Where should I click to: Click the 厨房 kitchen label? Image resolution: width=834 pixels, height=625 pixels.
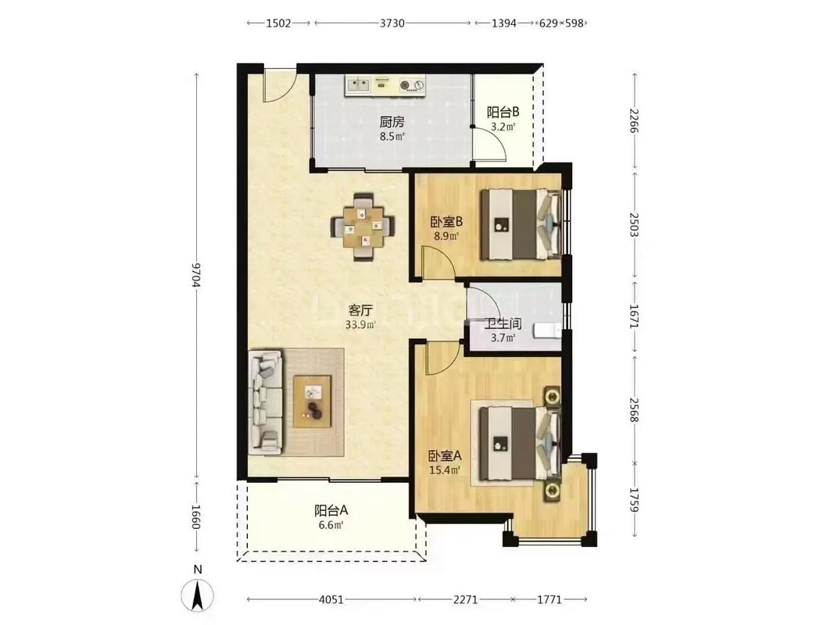[x=392, y=122]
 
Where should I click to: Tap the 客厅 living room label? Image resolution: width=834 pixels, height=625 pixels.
[x=360, y=310]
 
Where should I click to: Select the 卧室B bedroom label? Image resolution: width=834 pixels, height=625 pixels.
[x=446, y=221]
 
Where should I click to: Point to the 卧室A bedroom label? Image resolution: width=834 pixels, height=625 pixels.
[x=446, y=456]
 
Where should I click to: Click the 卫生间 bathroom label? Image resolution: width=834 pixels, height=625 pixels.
[x=503, y=323]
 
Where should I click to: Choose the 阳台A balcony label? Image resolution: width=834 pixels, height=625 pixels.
[x=331, y=511]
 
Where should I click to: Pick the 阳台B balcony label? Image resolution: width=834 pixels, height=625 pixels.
[x=503, y=112]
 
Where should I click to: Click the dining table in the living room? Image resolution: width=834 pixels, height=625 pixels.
[x=363, y=227]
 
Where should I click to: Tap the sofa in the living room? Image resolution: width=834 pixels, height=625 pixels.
[x=266, y=402]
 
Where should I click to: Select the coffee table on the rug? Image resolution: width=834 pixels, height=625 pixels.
[x=312, y=401]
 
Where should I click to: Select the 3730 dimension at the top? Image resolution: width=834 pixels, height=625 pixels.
[x=392, y=23]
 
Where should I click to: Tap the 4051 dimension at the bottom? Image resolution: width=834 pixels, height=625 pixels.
[x=331, y=599]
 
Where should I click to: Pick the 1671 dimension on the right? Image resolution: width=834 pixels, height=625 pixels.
[x=633, y=316]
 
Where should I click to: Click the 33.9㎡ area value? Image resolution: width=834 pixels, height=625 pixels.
[x=360, y=325]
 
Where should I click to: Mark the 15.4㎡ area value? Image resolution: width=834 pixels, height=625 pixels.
[x=445, y=470]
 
